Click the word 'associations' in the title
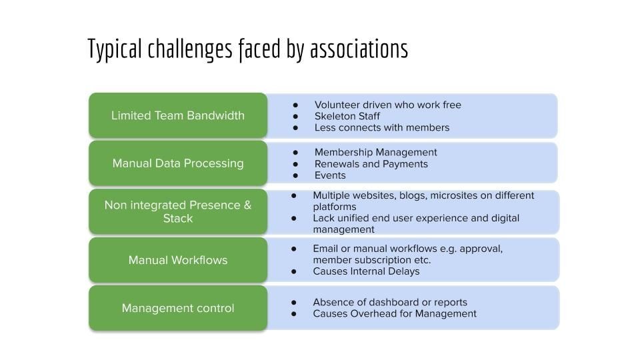(359, 49)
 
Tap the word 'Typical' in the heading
(115, 50)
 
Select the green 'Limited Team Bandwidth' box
(178, 115)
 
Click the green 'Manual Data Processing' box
(178, 163)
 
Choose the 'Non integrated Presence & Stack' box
(178, 211)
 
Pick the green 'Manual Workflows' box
(178, 260)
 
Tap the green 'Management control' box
(178, 308)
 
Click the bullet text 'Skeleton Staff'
(347, 116)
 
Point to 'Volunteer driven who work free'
(388, 105)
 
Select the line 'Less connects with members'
(381, 128)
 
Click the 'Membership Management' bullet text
(375, 152)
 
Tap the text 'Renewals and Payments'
(371, 164)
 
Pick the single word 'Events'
(330, 175)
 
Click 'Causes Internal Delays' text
(366, 271)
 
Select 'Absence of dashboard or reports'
(390, 303)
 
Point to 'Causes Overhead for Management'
(395, 314)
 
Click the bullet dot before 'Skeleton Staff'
(295, 117)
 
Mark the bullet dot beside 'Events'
(295, 176)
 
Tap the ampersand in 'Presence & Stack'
(247, 205)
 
